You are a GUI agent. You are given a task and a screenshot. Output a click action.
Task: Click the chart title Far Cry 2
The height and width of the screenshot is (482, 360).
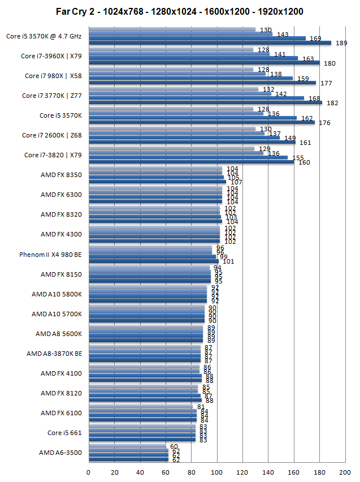tap(180, 11)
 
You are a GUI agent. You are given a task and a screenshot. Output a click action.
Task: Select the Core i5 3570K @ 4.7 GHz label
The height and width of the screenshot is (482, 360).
tap(44, 36)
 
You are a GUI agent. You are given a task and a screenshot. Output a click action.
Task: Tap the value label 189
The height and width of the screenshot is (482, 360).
tap(341, 43)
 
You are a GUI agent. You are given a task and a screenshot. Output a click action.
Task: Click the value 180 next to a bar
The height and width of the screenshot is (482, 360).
tap(329, 63)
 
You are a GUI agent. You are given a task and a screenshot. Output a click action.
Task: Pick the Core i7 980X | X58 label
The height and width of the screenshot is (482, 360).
tap(53, 76)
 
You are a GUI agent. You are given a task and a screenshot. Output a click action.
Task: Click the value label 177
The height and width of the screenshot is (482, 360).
tap(326, 83)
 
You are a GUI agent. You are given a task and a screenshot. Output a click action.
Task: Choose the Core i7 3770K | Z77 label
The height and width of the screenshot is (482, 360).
tap(52, 96)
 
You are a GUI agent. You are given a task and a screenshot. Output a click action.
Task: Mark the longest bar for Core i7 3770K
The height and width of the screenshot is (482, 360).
tap(205, 102)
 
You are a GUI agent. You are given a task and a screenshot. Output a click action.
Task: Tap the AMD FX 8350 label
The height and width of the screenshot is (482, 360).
tap(61, 175)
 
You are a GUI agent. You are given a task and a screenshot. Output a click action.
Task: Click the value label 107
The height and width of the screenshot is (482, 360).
tap(236, 182)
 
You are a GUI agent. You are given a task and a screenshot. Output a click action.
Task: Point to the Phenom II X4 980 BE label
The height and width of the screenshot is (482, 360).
tap(50, 255)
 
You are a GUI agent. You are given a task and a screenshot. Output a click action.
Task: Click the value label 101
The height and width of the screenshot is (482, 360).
tap(228, 261)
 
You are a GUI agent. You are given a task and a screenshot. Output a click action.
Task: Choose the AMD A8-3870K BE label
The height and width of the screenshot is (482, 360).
tap(54, 354)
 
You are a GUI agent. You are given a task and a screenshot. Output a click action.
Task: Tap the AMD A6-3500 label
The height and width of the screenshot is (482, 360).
tap(60, 453)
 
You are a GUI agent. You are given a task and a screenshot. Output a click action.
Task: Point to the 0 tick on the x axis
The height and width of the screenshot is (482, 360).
tap(89, 471)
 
